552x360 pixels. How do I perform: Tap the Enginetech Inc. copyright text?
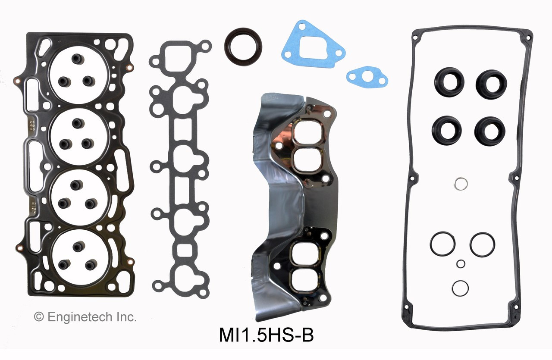pos(85,317)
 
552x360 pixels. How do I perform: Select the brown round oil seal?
pos(243,47)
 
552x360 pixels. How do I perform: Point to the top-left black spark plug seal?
pos(449,82)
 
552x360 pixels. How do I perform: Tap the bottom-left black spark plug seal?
pos(447,131)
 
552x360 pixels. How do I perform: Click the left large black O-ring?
pos(442,244)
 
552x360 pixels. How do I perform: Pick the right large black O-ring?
pos(482,244)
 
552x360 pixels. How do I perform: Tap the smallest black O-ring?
pos(461,263)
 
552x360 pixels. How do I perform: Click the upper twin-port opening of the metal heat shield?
pos(307,145)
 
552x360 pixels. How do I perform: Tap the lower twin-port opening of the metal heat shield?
pos(306,264)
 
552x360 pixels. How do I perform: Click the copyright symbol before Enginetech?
pos(39,317)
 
